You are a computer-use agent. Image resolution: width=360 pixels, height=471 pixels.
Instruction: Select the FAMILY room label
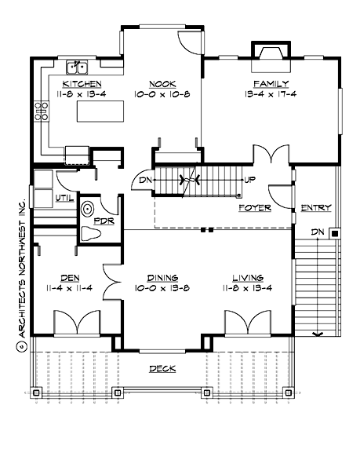point(271,83)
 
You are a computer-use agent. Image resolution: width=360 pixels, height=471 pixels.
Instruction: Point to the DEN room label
point(71,277)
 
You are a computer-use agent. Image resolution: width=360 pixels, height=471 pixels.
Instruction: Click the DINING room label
point(162,277)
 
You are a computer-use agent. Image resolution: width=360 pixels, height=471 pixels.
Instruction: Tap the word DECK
point(162,368)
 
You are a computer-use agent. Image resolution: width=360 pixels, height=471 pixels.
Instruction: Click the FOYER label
point(255,208)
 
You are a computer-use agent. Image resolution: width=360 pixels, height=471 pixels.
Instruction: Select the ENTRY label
point(316,208)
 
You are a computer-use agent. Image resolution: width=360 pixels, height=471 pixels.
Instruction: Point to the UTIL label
point(65,197)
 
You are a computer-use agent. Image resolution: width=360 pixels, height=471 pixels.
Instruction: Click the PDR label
point(104,222)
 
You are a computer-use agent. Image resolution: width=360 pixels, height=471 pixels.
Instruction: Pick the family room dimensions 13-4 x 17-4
point(271,93)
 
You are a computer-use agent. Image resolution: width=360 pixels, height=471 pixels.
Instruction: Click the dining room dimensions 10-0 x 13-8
point(162,287)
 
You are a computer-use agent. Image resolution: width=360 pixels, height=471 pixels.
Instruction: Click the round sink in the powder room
point(89,207)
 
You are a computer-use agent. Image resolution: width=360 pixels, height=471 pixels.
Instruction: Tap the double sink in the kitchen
point(75,66)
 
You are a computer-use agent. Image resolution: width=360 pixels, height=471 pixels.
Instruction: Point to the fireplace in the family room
point(271,51)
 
